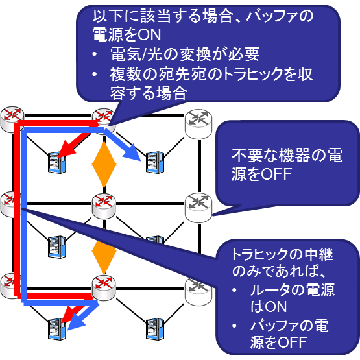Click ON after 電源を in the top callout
149,34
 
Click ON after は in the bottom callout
276,307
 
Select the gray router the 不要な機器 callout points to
198,208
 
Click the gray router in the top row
198,124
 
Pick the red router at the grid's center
104,206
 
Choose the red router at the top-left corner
12,119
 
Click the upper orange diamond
104,164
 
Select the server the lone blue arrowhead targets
155,163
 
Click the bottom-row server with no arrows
155,329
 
